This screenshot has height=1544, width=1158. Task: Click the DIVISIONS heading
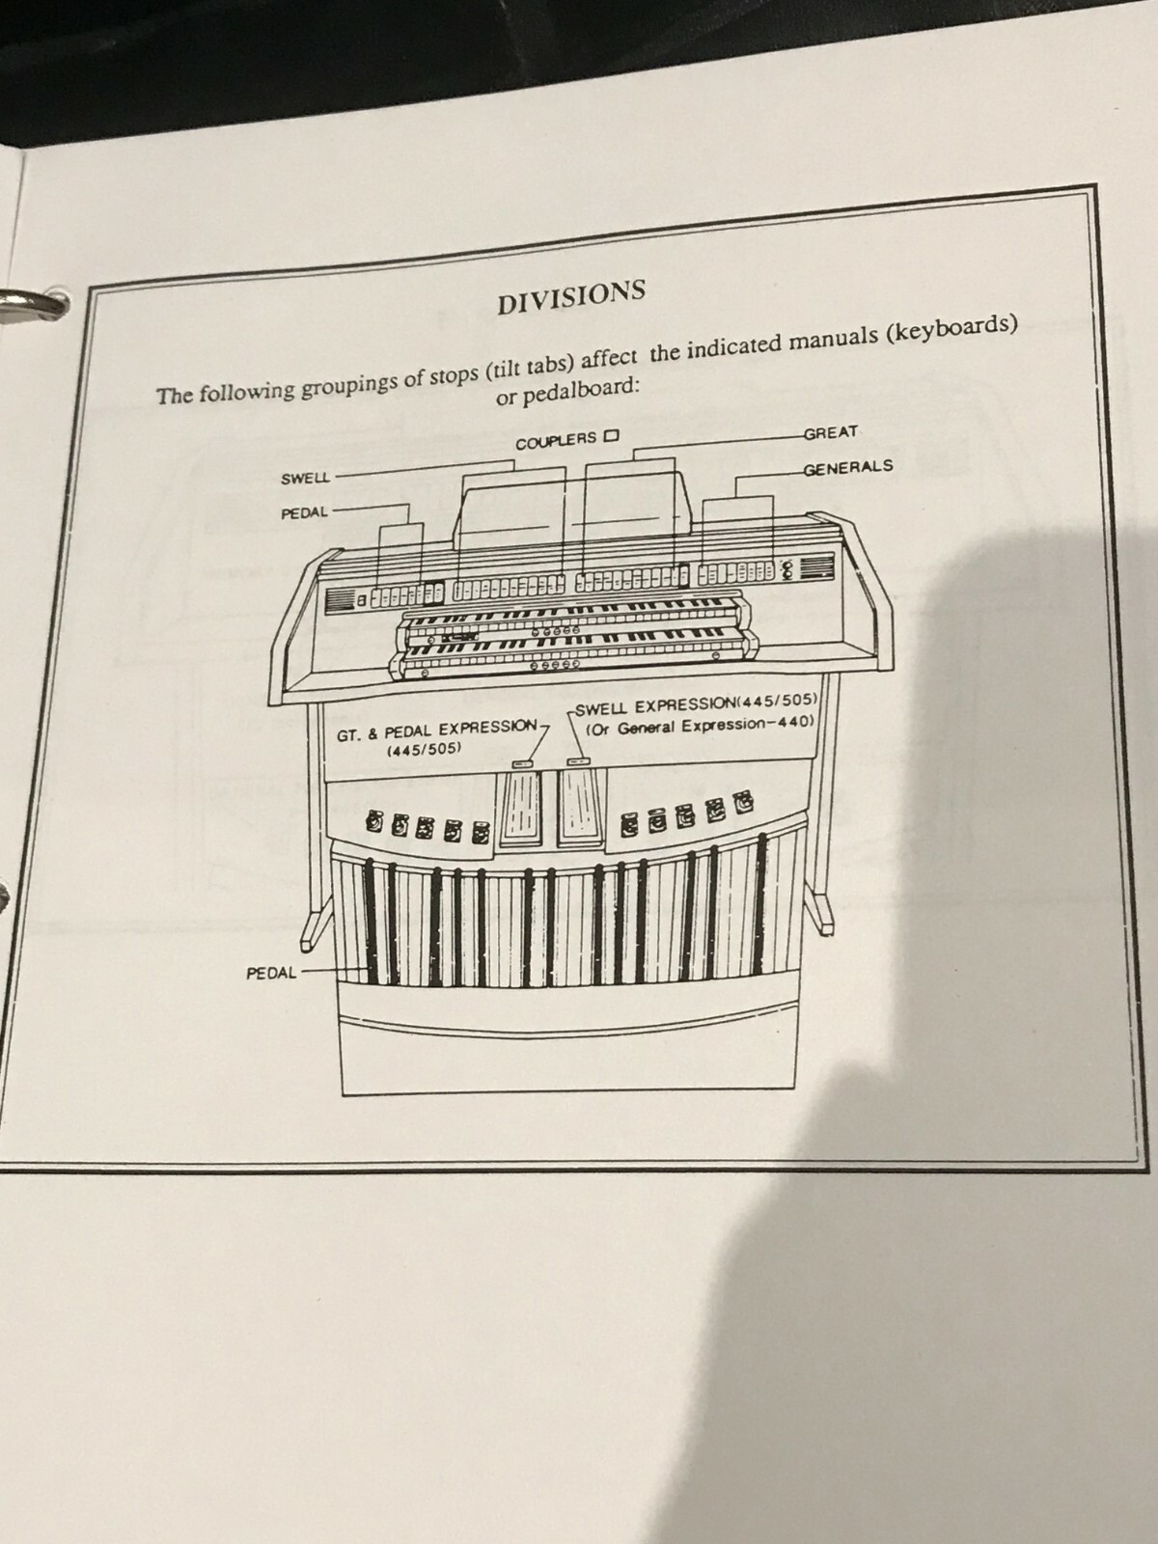(570, 296)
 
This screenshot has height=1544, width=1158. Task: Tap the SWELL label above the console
(305, 479)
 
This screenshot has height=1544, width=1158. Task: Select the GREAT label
(830, 433)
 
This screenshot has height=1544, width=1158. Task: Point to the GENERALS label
(847, 468)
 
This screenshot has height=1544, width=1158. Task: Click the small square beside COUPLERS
(610, 436)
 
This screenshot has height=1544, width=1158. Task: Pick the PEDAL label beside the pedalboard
(271, 973)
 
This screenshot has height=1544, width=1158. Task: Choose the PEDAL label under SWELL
(305, 513)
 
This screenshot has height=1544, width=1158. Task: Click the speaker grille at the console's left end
(341, 599)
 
